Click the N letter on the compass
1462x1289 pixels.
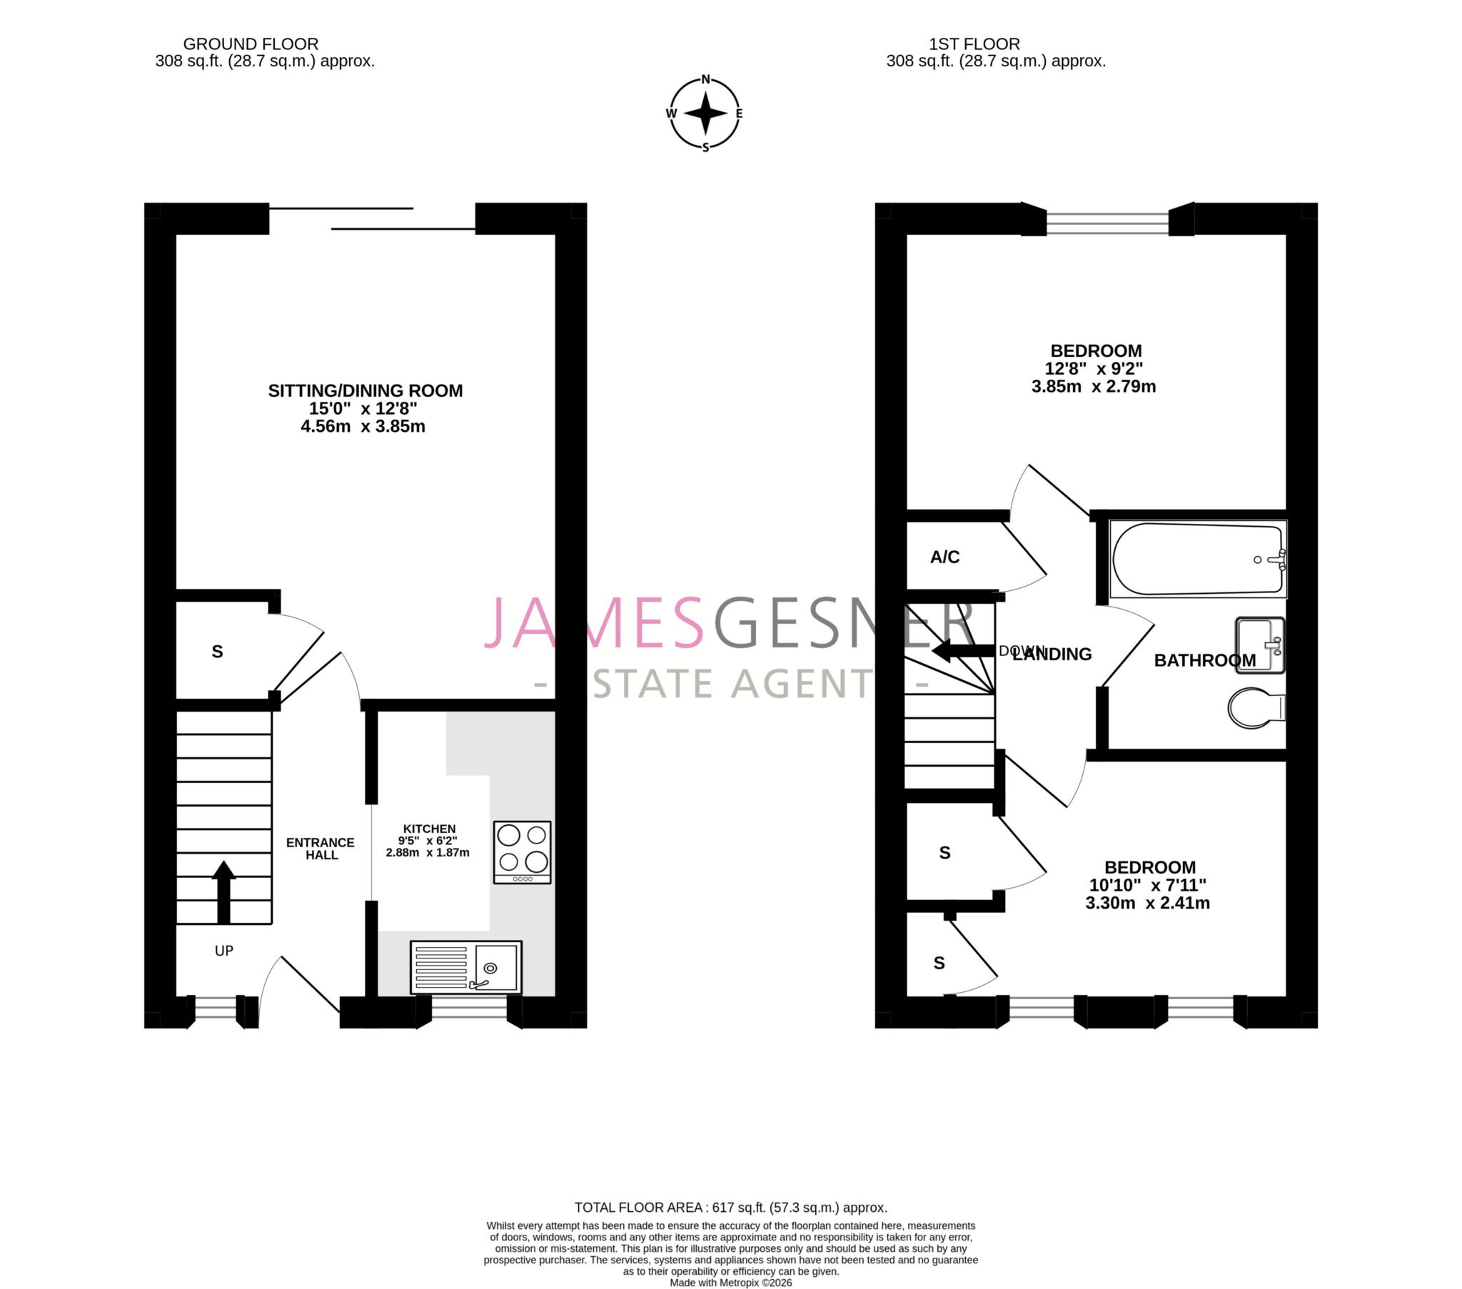coord(705,79)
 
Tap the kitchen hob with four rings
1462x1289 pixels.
coord(522,852)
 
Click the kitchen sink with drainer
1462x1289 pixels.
coord(465,967)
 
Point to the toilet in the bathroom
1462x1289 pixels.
coord(1255,708)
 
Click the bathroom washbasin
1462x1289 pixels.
coord(1259,645)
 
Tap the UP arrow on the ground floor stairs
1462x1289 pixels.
coord(223,891)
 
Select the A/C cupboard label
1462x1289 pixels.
coord(944,557)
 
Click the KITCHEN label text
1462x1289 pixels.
coord(428,829)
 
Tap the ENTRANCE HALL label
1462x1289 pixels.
coord(321,849)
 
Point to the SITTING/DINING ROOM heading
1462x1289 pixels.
coord(365,390)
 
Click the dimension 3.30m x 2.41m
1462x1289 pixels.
coord(1147,903)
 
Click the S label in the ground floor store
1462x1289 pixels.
coord(218,652)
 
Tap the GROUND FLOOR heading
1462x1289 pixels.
coord(251,44)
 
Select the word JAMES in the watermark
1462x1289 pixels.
coord(594,624)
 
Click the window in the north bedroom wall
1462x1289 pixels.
coord(1107,223)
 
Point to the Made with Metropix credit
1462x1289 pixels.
coord(730,1283)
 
